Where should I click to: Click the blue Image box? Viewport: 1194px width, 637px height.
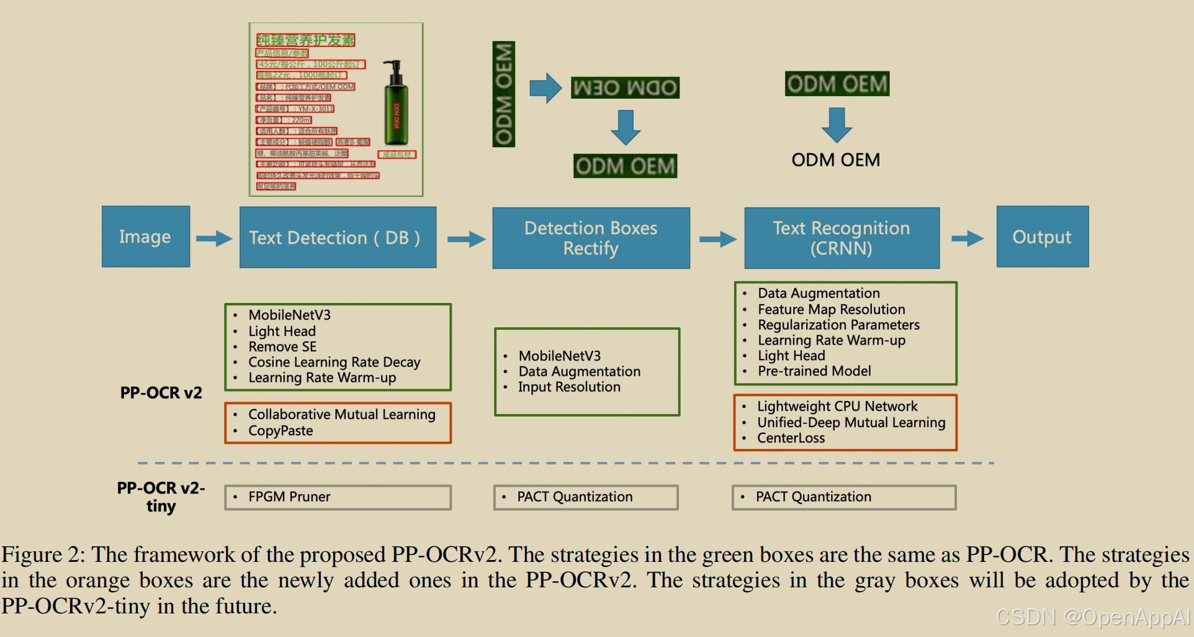click(x=146, y=237)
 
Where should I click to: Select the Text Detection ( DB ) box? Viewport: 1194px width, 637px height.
click(x=338, y=237)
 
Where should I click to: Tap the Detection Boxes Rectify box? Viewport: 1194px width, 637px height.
click(x=591, y=238)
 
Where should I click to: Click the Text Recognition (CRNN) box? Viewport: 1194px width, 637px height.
click(x=842, y=238)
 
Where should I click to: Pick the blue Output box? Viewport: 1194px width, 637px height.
click(x=1042, y=237)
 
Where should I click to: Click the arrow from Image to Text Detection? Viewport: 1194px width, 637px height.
click(x=214, y=238)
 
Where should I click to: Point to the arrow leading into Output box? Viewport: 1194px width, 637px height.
click(x=967, y=238)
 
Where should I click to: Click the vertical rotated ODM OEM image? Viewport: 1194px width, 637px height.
click(x=503, y=94)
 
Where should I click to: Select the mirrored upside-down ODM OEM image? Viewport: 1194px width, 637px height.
click(x=625, y=88)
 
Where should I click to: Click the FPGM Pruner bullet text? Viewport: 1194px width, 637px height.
click(x=289, y=497)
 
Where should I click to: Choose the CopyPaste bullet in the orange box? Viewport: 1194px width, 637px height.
click(x=281, y=431)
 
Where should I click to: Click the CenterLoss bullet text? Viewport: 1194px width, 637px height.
click(x=791, y=438)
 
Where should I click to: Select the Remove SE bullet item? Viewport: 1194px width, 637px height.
click(x=282, y=346)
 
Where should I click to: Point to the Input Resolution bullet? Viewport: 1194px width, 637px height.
click(x=569, y=387)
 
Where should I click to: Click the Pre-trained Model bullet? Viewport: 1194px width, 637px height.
click(x=814, y=371)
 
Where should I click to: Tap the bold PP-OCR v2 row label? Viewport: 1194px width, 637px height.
click(x=161, y=392)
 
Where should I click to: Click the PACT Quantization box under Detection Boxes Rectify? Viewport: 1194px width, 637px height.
click(x=586, y=497)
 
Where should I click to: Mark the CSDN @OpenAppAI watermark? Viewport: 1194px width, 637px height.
click(x=1093, y=617)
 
